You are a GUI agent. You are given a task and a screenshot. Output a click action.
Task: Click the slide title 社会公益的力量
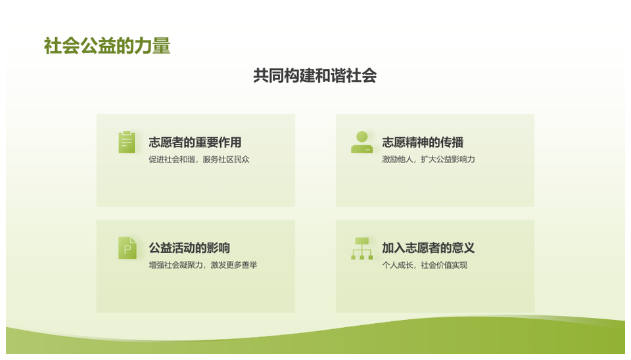tap(107, 46)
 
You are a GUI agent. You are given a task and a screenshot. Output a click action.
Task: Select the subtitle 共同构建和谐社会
tap(315, 76)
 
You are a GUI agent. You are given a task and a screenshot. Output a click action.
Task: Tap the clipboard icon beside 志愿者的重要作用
tap(127, 142)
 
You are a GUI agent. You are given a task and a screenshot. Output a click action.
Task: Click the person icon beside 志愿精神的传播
tap(362, 142)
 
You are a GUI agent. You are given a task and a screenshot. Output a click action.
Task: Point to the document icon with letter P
tap(127, 248)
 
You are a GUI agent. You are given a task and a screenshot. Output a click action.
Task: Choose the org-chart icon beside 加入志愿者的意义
tap(362, 248)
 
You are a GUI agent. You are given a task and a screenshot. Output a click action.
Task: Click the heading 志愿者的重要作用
tap(195, 143)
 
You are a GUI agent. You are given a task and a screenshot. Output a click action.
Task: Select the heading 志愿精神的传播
tap(423, 143)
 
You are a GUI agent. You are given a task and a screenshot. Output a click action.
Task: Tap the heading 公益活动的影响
tap(189, 248)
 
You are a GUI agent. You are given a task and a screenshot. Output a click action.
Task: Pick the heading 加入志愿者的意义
tap(429, 248)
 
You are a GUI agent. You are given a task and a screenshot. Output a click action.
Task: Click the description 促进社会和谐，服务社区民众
tap(199, 159)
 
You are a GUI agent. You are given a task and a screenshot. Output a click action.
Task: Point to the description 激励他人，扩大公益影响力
tap(429, 159)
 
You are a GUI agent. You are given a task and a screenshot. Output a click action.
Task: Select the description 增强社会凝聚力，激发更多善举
tap(203, 265)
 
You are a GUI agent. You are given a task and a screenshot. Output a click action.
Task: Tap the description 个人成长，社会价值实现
tap(425, 265)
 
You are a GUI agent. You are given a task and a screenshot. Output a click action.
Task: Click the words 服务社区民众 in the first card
tap(226, 159)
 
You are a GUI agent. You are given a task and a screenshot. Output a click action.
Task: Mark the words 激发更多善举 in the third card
tap(234, 265)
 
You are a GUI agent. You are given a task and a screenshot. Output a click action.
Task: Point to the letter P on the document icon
tap(128, 250)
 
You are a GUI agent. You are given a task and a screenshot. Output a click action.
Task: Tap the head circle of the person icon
tap(362, 137)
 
